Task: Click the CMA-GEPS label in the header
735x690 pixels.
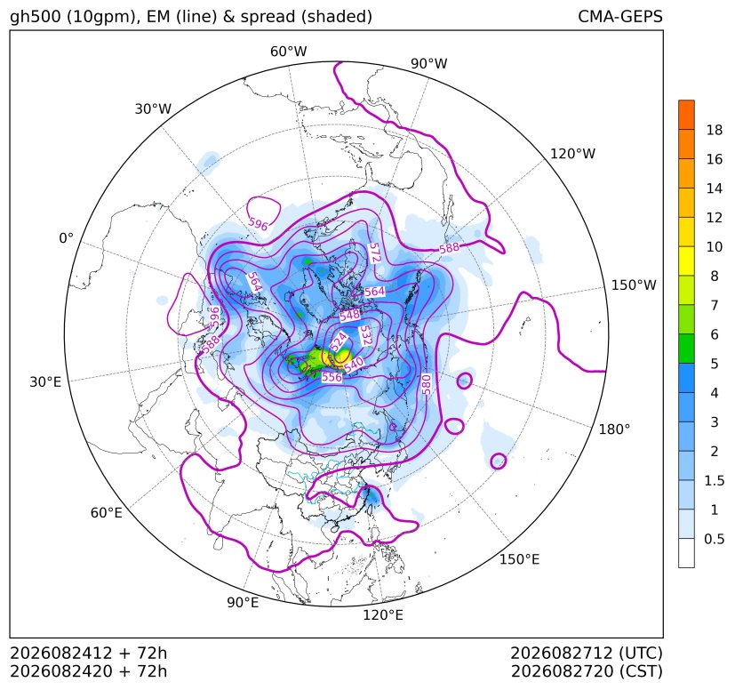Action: click(x=620, y=16)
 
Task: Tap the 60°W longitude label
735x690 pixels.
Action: click(x=288, y=52)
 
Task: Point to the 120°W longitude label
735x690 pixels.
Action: click(x=572, y=154)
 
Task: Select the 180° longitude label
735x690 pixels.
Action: click(x=614, y=429)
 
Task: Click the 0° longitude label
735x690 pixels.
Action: click(x=66, y=238)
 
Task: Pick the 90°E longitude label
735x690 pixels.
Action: click(x=243, y=602)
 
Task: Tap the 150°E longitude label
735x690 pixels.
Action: click(x=519, y=559)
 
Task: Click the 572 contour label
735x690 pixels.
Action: click(x=374, y=253)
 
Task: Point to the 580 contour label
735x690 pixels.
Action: click(x=426, y=384)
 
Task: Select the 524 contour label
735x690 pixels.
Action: click(x=339, y=341)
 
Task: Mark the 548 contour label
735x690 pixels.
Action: click(x=349, y=316)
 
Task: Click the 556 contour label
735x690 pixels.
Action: click(x=332, y=377)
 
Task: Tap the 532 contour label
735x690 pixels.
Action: click(x=364, y=336)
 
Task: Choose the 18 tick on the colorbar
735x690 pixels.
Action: click(x=715, y=130)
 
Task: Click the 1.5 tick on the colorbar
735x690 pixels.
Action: click(x=715, y=480)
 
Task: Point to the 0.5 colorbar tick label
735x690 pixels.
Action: click(x=715, y=539)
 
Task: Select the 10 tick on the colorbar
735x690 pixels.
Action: click(x=715, y=246)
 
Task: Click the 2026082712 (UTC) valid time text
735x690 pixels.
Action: click(x=587, y=654)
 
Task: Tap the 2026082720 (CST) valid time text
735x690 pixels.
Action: click(x=587, y=671)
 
